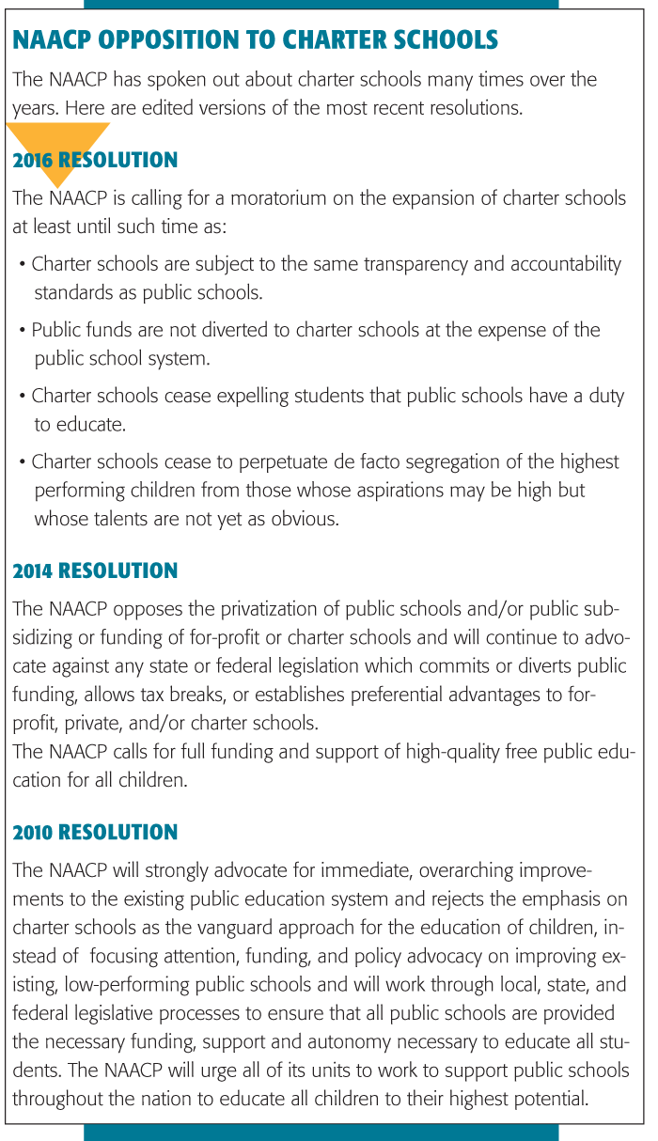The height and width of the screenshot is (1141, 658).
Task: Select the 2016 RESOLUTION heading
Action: [95, 161]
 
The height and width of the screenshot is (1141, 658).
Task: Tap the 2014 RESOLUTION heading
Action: [95, 571]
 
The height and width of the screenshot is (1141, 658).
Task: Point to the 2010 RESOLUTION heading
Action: [95, 833]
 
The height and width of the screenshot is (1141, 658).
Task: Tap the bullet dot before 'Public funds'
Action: [23, 330]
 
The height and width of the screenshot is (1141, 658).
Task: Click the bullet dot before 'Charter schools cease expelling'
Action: [23, 396]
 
